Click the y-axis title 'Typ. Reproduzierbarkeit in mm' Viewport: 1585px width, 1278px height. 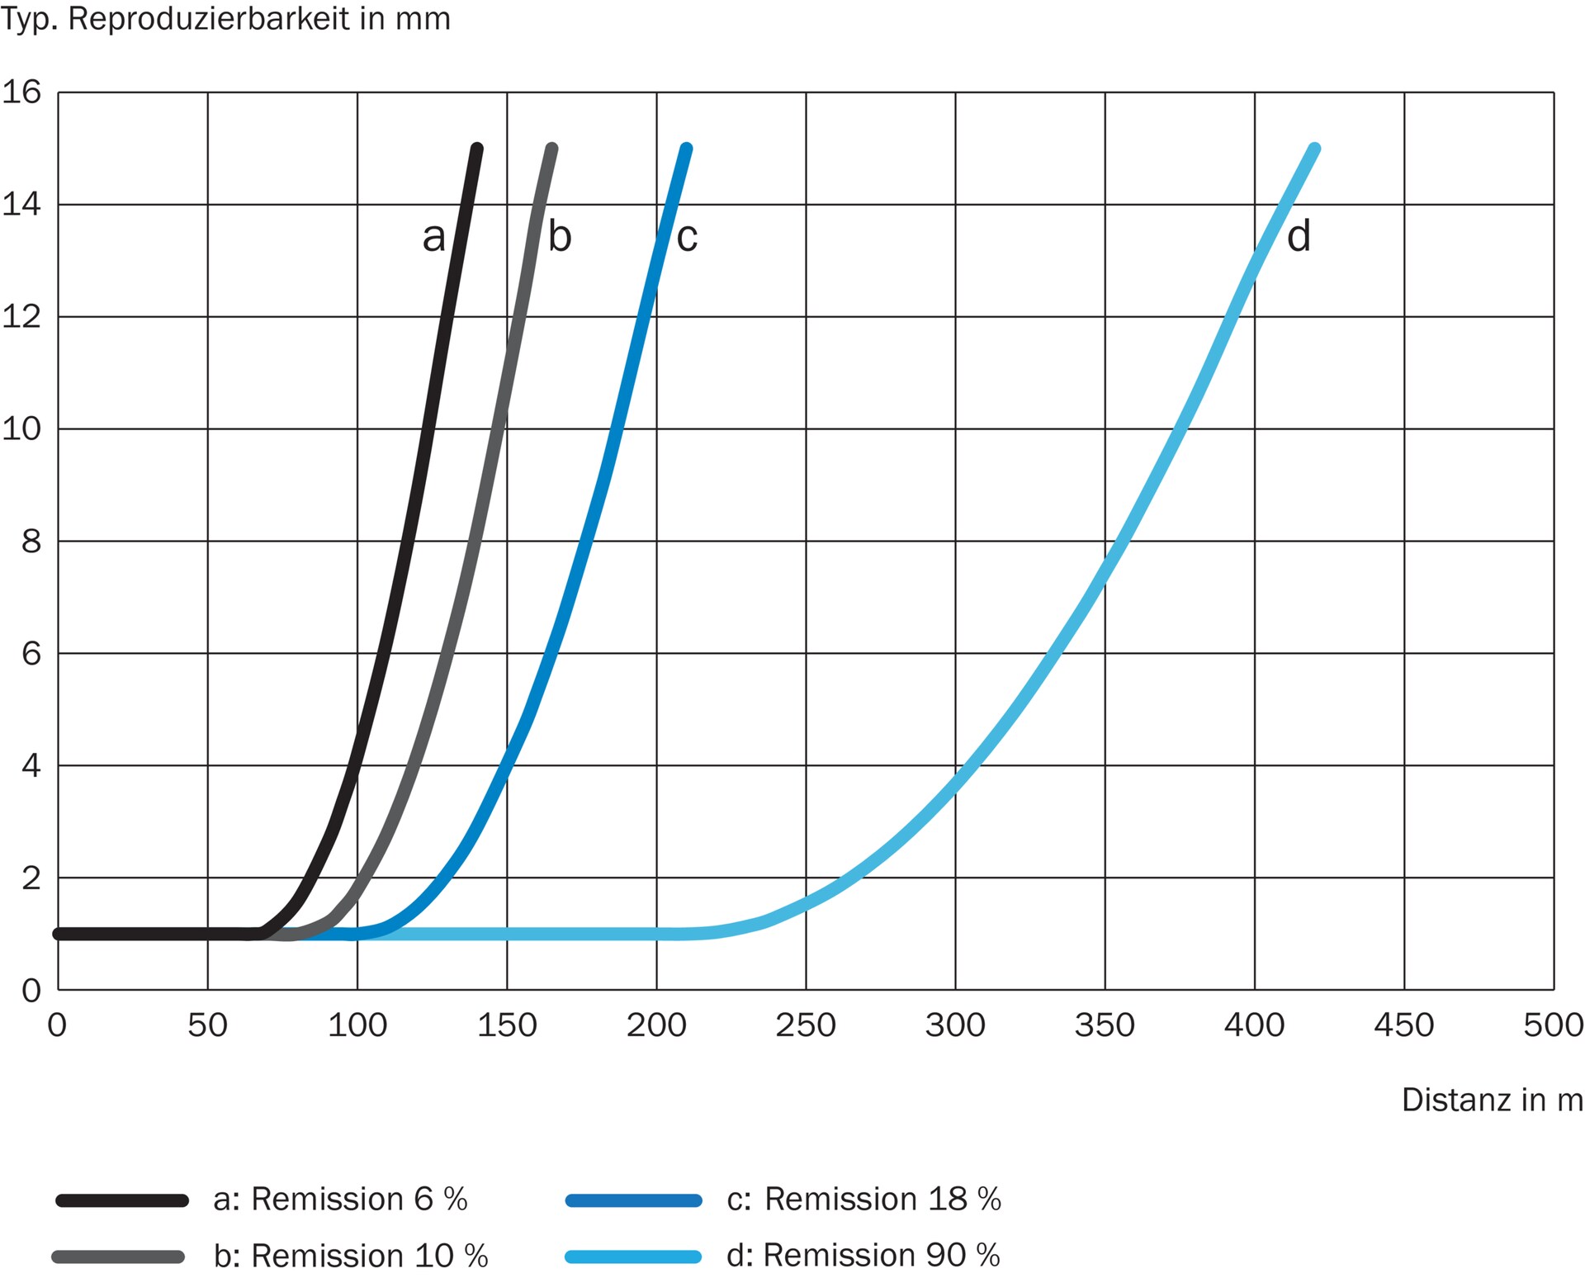[225, 19]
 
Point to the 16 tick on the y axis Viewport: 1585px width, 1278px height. [22, 92]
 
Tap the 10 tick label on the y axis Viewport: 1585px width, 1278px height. [22, 428]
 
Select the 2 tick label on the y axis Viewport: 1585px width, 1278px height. [31, 878]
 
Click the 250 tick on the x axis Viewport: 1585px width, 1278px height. [806, 1025]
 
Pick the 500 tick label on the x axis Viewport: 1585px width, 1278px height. [1553, 1025]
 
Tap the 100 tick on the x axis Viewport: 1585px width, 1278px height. [357, 1025]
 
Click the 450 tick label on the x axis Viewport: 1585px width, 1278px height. [1403, 1025]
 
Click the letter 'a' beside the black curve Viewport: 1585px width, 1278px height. [433, 238]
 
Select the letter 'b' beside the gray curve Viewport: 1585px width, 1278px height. [560, 236]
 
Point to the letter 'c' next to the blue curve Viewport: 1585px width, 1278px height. [687, 238]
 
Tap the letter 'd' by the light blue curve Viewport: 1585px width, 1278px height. [1299, 236]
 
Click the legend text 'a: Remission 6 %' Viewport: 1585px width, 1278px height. [340, 1200]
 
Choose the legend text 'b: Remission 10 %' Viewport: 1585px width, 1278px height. [351, 1256]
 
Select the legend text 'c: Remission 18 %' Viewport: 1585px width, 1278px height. [863, 1200]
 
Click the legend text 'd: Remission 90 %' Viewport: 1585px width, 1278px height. [863, 1256]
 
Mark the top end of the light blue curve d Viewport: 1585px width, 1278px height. [1315, 149]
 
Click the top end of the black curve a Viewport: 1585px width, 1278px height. [476, 149]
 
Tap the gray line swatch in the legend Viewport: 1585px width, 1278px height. [118, 1257]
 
